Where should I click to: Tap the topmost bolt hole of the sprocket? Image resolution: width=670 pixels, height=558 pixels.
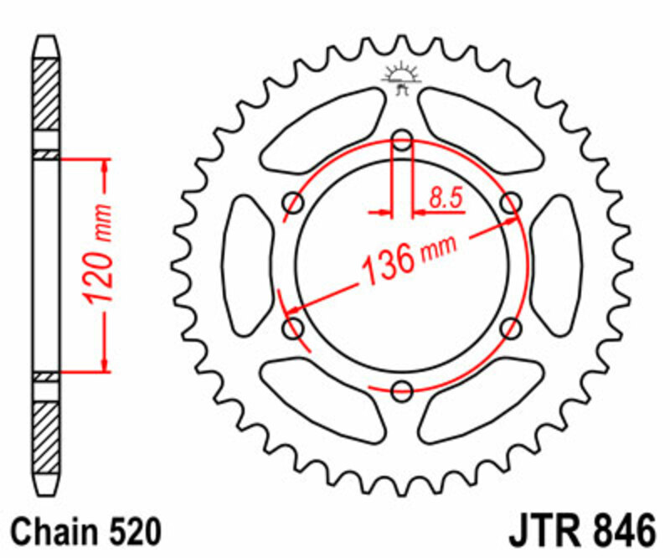tap(402, 140)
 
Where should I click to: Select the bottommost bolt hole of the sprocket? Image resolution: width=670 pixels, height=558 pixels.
tap(402, 389)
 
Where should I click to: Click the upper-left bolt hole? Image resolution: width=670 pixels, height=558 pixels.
tap(294, 202)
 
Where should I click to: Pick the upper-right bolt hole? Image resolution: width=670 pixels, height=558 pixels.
tap(509, 202)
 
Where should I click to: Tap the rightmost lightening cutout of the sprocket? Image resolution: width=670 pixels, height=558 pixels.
tap(556, 264)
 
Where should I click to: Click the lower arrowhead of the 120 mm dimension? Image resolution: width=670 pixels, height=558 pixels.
tap(106, 361)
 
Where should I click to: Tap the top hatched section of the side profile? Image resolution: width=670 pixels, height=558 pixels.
tap(47, 92)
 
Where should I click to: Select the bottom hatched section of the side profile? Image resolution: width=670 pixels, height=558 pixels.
tap(47, 436)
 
